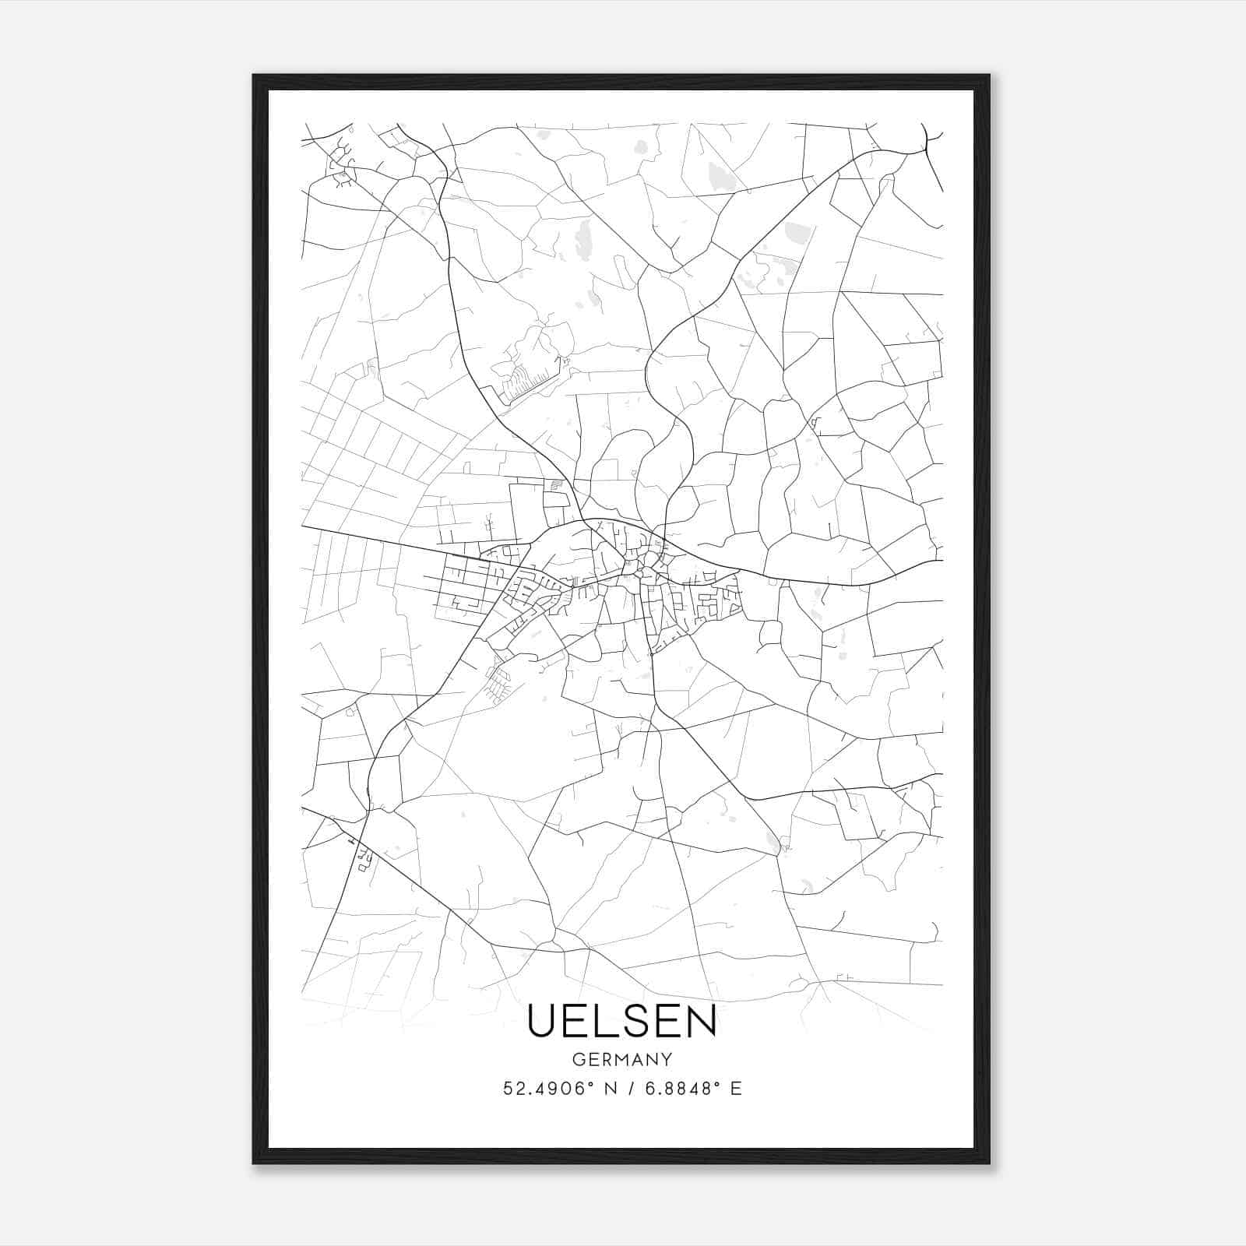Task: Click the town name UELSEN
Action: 622,1021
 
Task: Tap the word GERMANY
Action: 622,1060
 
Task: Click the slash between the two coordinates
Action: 628,1089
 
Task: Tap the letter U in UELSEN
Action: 543,1021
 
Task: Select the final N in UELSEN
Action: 701,1021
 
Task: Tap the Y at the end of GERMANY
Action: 667,1060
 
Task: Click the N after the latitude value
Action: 611,1089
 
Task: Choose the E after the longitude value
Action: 736,1089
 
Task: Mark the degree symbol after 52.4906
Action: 593,1084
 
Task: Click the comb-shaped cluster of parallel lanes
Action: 526,382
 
